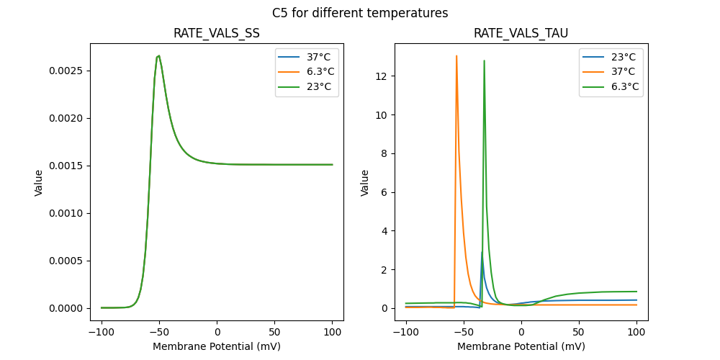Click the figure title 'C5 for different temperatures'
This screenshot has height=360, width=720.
coord(360,13)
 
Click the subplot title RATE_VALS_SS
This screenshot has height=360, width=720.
coord(217,34)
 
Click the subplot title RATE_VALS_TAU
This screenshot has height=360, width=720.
coord(521,34)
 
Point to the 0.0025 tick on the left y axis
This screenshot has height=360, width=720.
coord(66,71)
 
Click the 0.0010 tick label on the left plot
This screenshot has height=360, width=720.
coord(66,213)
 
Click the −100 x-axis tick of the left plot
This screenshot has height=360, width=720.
coord(102,333)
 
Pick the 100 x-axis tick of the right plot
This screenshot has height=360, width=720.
coord(636,333)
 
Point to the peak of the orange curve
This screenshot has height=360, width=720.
coord(456,56)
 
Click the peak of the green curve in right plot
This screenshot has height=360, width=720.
coord(484,60)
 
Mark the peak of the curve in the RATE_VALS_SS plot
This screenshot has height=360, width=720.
coord(158,55)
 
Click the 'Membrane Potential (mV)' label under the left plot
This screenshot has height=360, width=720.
coord(217,346)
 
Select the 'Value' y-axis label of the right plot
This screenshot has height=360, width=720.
coord(365,182)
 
